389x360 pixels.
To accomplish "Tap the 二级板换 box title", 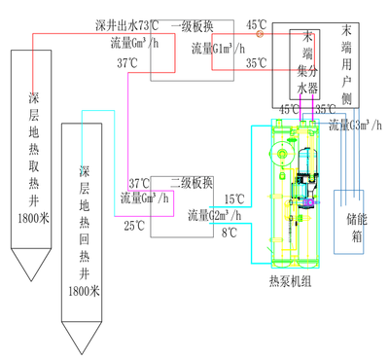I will tap(191, 182).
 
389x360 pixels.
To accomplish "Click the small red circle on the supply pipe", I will tap(259, 33).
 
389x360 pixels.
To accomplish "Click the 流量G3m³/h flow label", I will tap(358, 125).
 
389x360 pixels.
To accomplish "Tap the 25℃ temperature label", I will tap(133, 226).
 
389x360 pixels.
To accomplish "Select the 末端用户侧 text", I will tap(347, 64).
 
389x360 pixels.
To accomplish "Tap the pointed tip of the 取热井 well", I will tap(34, 298).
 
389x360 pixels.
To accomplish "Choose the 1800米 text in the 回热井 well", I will tap(83, 291).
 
